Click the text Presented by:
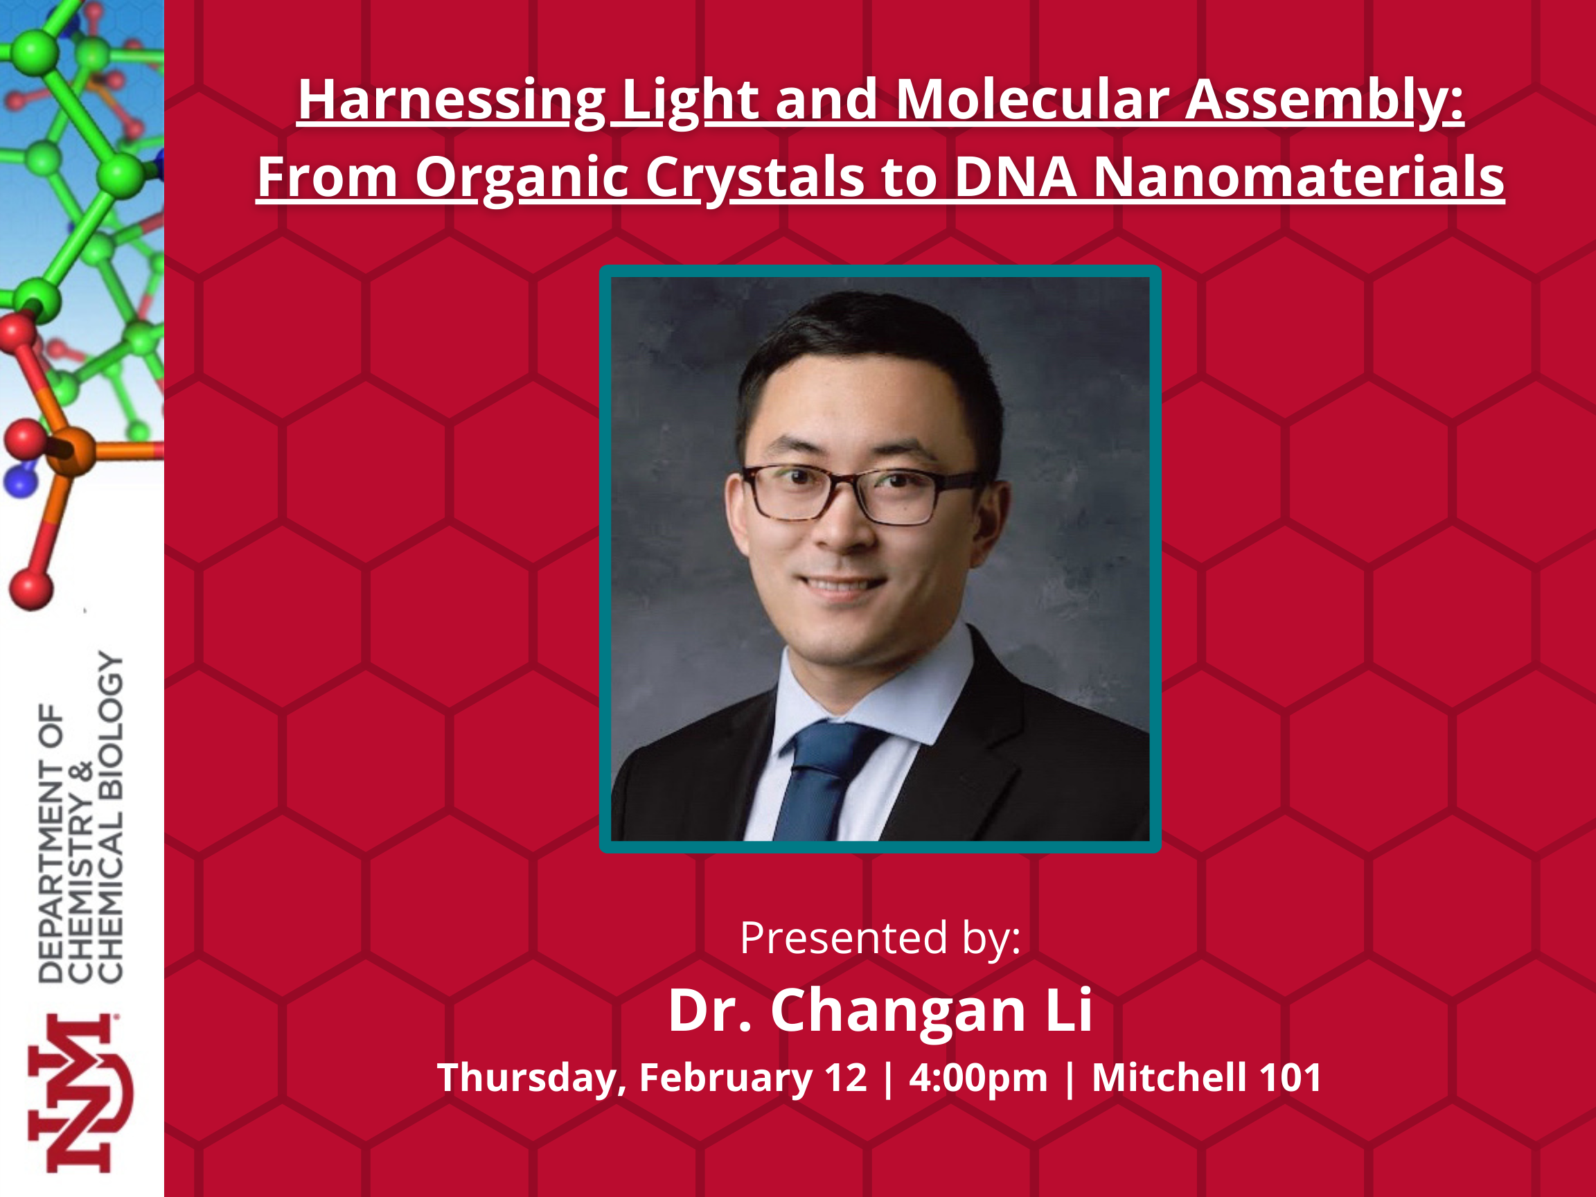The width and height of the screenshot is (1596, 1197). [x=880, y=938]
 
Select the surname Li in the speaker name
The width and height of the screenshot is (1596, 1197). [x=1069, y=1009]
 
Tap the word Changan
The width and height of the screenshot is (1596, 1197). [x=898, y=1011]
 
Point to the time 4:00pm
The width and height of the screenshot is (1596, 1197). [x=977, y=1078]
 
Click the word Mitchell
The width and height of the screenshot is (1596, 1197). [x=1169, y=1077]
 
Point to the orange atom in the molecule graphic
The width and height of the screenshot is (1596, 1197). [x=71, y=450]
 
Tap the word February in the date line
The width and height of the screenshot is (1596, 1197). [x=726, y=1078]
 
